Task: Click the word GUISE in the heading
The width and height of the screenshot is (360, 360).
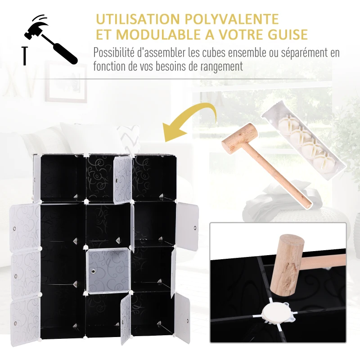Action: coord(285,35)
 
